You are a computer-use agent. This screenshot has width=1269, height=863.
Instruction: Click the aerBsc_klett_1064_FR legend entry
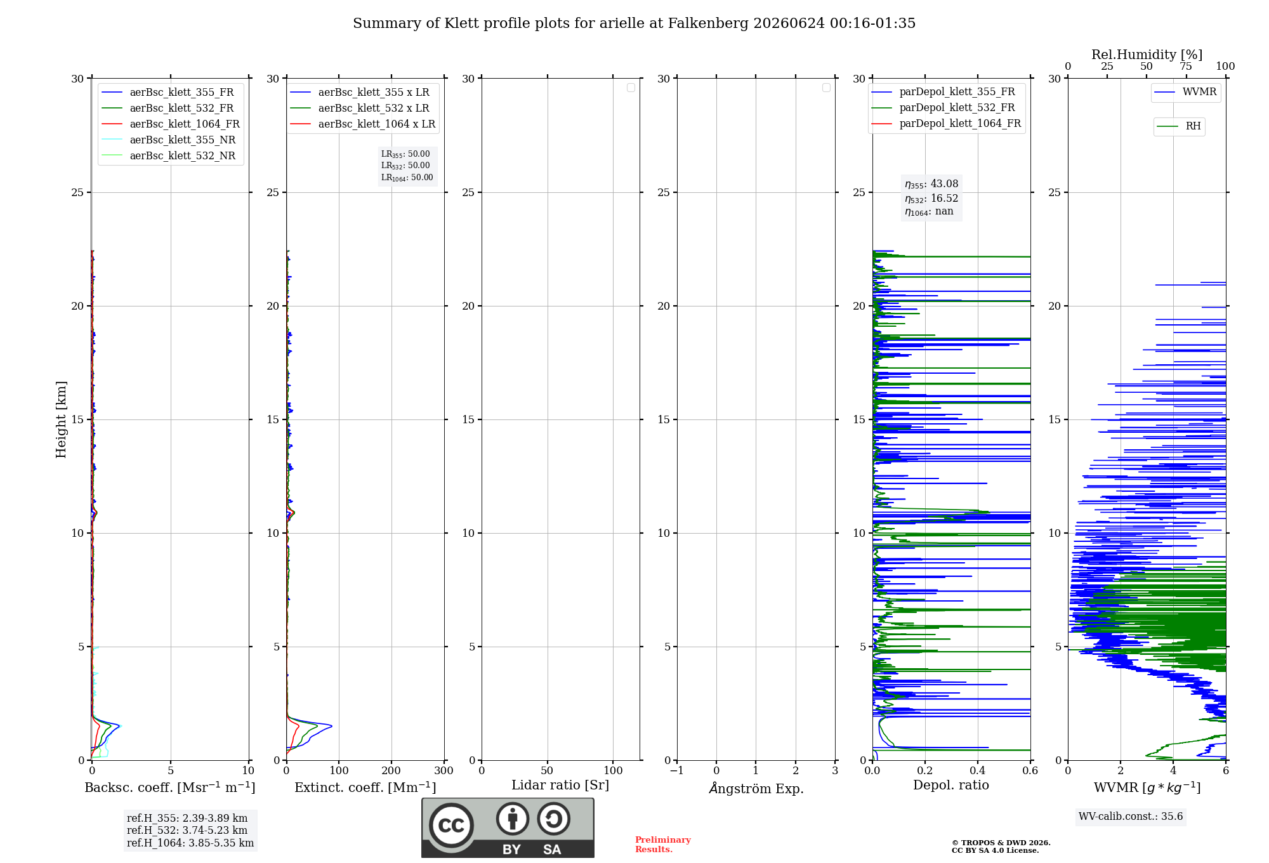click(x=171, y=124)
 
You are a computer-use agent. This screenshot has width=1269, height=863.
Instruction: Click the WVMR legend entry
click(x=1185, y=92)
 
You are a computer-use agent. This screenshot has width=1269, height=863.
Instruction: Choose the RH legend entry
click(x=1179, y=126)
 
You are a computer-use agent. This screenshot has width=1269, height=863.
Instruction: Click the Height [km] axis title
click(x=61, y=419)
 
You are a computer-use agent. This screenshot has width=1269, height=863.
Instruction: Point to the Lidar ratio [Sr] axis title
click(x=560, y=786)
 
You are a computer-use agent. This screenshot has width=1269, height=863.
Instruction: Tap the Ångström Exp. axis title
click(x=756, y=788)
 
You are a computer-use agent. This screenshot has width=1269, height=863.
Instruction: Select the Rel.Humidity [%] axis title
click(x=1147, y=55)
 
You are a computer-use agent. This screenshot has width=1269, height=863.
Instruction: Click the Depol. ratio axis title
click(x=951, y=785)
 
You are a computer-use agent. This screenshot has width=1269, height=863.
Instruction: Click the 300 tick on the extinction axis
click(x=444, y=770)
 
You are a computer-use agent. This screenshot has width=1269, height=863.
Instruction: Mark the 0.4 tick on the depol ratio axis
click(x=978, y=770)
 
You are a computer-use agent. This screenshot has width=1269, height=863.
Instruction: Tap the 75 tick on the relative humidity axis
click(x=1186, y=67)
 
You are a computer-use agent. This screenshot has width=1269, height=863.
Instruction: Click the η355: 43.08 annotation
click(x=931, y=184)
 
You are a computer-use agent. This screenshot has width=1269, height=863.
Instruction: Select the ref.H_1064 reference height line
click(x=190, y=843)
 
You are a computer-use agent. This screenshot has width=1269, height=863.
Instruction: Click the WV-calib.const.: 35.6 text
click(x=1131, y=817)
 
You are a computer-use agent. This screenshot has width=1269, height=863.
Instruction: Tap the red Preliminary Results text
click(x=662, y=845)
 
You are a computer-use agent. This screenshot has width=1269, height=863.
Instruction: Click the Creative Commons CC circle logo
click(x=451, y=826)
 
